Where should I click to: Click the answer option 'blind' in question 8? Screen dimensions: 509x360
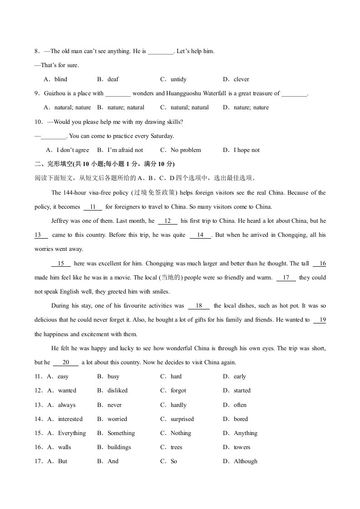point(61,79)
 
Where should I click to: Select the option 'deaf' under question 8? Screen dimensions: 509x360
point(113,79)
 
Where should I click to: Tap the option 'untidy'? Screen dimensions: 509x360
point(178,79)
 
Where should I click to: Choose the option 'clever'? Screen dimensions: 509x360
point(242,79)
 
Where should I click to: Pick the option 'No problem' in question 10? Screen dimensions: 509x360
point(186,150)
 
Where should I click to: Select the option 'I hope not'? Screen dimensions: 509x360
point(247,150)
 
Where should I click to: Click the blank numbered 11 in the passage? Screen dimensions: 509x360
point(93,207)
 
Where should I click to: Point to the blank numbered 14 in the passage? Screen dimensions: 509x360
point(200,235)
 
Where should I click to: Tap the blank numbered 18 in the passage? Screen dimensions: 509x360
point(199,306)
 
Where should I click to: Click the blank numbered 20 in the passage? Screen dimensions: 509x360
point(66,362)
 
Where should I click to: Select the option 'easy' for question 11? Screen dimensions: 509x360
point(63,377)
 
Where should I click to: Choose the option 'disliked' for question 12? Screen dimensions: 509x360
point(118,391)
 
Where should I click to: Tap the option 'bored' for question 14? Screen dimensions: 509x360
point(241,419)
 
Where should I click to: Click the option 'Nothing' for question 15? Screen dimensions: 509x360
point(181,433)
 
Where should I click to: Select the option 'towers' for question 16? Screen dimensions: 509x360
point(242,447)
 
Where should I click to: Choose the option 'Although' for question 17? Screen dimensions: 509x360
point(245,461)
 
